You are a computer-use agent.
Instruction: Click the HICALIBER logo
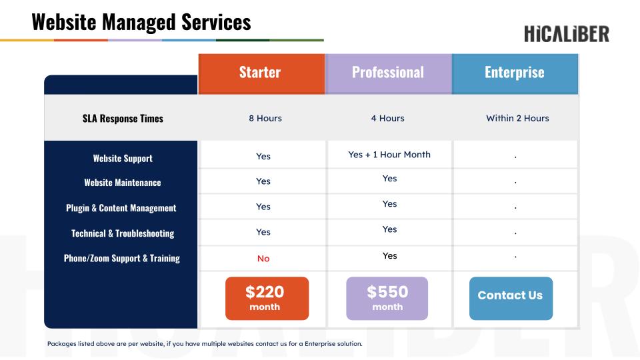pos(567,34)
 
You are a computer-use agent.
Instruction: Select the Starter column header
pos(261,74)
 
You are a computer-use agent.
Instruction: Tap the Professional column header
pos(388,74)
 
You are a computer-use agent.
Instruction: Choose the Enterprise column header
pos(515,74)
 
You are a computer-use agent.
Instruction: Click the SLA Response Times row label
pos(123,119)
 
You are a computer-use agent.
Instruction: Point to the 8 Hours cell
pos(265,119)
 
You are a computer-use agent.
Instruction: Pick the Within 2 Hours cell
pos(517,119)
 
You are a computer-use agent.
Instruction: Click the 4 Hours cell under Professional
pos(388,119)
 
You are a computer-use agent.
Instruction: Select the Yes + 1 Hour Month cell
pos(389,155)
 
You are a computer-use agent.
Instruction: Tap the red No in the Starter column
pos(263,259)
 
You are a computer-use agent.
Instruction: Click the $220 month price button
pos(267,299)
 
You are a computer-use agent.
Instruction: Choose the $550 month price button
pos(387,299)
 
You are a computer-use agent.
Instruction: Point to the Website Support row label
pos(123,159)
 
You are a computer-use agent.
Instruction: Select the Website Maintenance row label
pos(123,183)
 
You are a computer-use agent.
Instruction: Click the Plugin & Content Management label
pos(121,208)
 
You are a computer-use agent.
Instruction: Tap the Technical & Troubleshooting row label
pos(123,233)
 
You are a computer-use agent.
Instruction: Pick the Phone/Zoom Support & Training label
pos(121,259)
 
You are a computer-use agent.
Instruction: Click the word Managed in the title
pos(139,22)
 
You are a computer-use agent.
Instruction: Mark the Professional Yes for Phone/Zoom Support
pos(390,256)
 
